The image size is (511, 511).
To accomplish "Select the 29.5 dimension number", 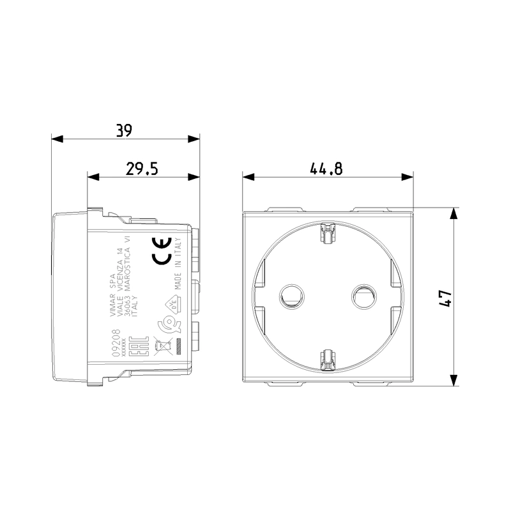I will point(142,169).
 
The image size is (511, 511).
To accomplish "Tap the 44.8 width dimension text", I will point(326,169).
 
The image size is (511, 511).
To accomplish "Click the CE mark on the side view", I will point(160,250).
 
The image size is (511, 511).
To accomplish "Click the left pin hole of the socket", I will point(292,296).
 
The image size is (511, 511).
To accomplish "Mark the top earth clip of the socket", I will point(327,233).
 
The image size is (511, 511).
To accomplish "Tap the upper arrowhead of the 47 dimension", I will point(454,213).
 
